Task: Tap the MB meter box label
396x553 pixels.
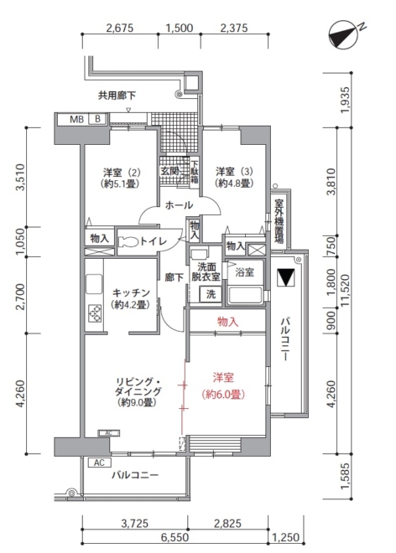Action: point(76,119)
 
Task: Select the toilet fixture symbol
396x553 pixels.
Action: point(129,242)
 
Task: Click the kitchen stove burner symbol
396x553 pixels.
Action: point(95,313)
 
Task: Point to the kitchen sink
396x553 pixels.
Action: point(94,284)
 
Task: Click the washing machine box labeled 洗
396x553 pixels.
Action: point(211,294)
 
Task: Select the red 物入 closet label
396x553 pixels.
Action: point(228,321)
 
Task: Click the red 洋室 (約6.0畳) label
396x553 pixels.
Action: point(223,386)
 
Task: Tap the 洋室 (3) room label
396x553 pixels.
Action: point(235,178)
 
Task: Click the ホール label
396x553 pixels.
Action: point(179,205)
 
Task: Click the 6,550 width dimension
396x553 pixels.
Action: point(175,537)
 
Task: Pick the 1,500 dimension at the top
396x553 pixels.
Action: point(180,28)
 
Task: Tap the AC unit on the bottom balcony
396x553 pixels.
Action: point(99,463)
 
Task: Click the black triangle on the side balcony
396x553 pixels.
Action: point(286,277)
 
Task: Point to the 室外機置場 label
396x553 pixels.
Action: point(279,221)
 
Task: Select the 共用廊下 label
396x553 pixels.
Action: point(117,96)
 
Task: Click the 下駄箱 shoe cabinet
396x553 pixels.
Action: point(195,172)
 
